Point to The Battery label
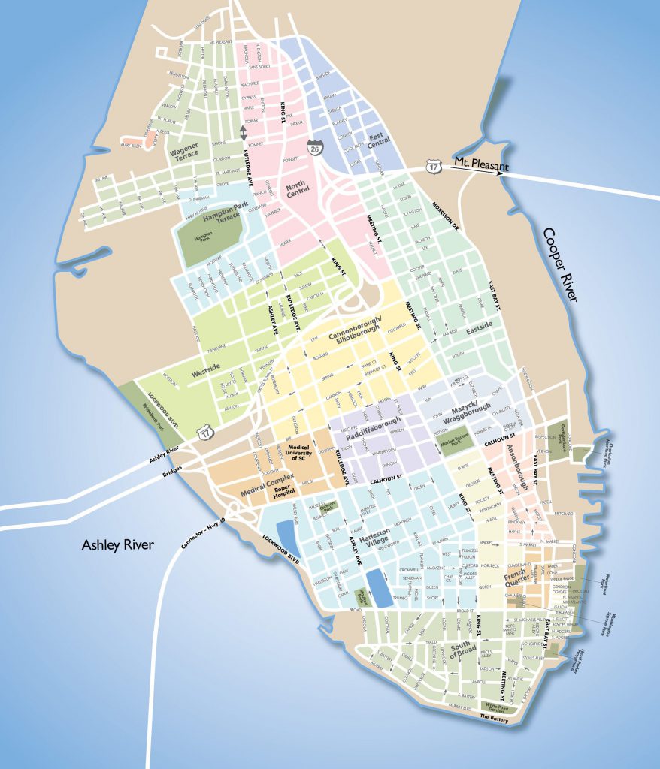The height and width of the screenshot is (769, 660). coord(494,720)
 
